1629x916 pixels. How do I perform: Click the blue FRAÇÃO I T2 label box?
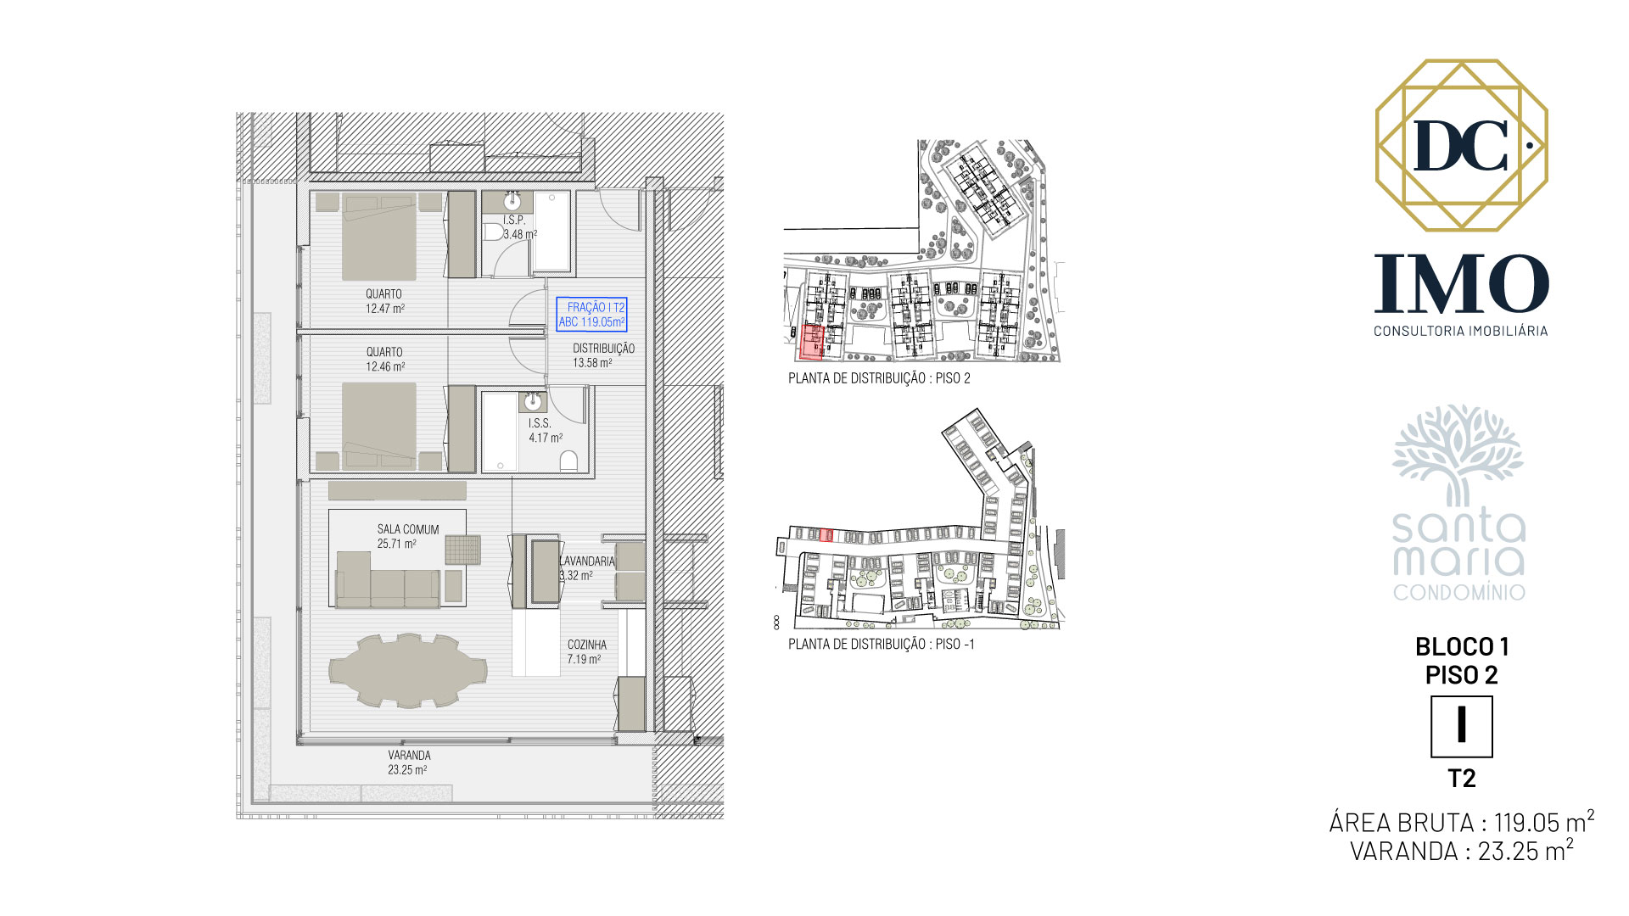point(591,314)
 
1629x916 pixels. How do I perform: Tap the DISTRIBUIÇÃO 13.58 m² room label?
point(603,355)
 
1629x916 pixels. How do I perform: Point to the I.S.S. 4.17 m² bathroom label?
point(545,430)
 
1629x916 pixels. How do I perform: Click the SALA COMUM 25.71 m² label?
point(408,536)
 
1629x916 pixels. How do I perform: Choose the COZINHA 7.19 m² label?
point(586,651)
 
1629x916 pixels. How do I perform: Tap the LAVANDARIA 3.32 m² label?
point(586,567)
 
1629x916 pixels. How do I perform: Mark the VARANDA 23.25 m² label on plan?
point(408,762)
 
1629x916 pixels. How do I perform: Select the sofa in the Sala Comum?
point(388,579)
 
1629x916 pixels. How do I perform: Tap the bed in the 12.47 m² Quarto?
point(379,237)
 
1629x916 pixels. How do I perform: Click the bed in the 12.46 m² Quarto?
point(379,426)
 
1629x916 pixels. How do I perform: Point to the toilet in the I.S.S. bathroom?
point(569,461)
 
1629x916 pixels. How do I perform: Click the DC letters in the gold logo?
point(1461,146)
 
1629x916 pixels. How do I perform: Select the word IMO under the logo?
point(1461,283)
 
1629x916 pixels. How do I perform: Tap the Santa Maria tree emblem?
point(1458,455)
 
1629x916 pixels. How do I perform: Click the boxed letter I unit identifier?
point(1461,726)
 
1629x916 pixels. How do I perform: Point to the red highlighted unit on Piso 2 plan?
point(812,342)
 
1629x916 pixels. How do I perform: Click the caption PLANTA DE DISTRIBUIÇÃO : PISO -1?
point(881,645)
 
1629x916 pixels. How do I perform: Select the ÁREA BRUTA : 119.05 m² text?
point(1461,822)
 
